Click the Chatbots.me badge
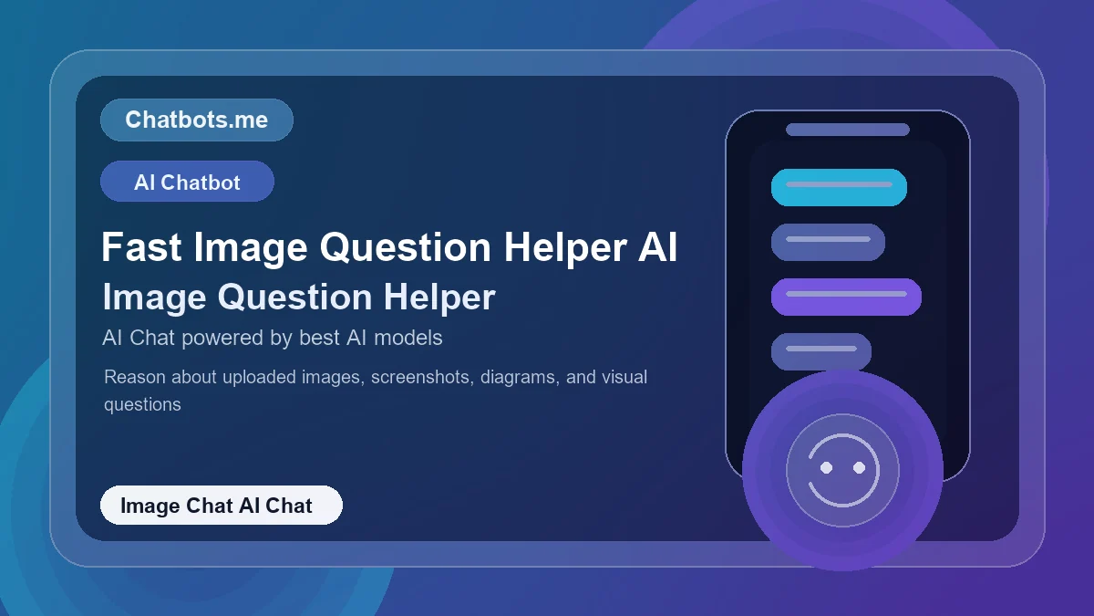click(196, 120)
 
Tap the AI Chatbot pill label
click(187, 182)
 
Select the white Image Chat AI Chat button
click(221, 506)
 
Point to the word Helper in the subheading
click(439, 298)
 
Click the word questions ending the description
click(142, 404)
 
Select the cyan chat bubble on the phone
click(839, 187)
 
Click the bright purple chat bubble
click(846, 297)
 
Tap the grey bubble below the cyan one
click(828, 242)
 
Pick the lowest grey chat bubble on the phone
click(820, 351)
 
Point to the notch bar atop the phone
click(847, 130)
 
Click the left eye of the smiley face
click(827, 467)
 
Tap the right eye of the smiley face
click(859, 467)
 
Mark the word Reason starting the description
click(133, 377)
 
